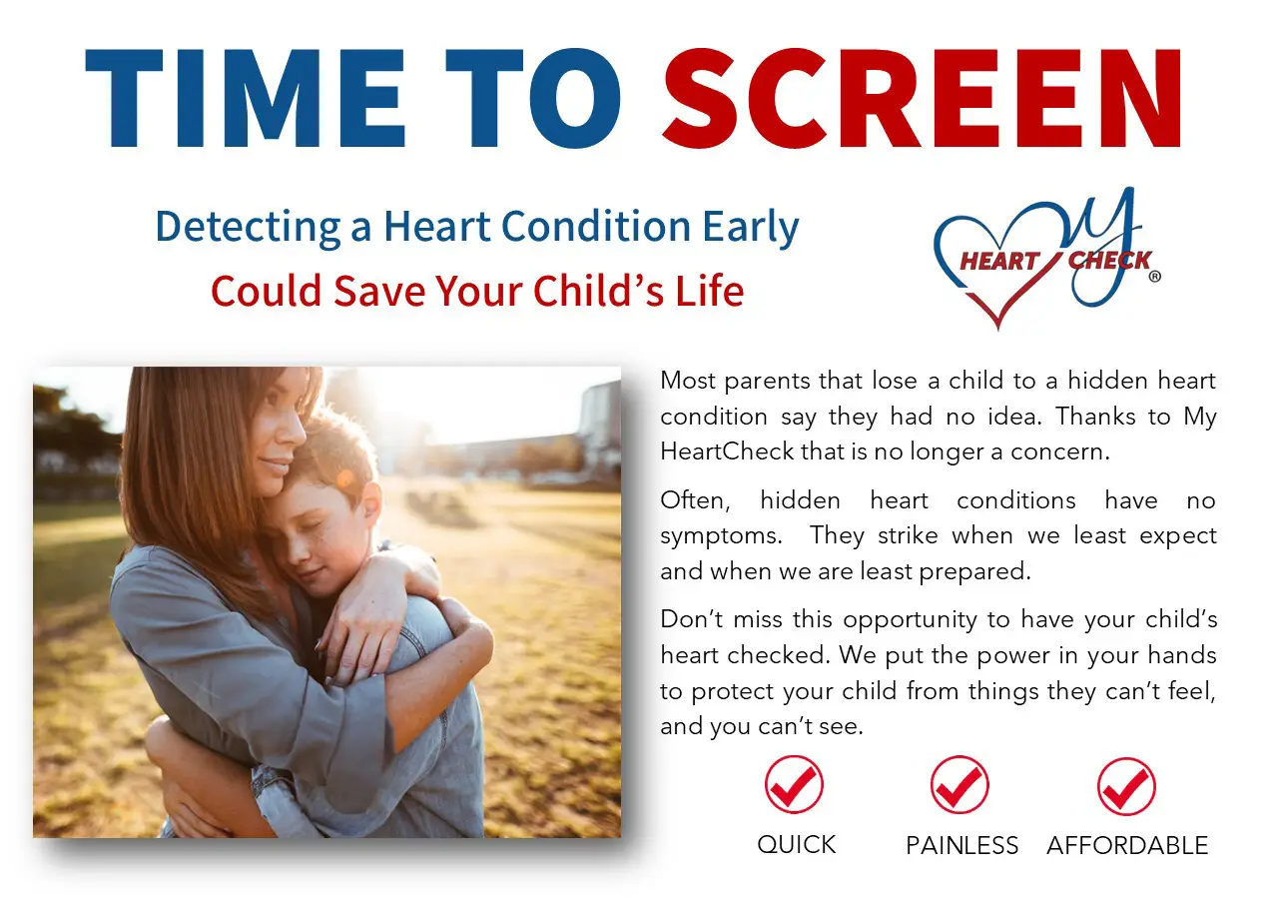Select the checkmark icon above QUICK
(x=795, y=785)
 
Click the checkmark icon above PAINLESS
(x=959, y=785)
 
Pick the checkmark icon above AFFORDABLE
(x=1126, y=785)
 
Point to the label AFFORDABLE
(x=1127, y=845)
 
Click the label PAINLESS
(x=961, y=845)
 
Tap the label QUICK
(x=796, y=844)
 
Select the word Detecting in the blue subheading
(x=249, y=228)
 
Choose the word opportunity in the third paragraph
(x=913, y=619)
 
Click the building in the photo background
(x=598, y=420)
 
